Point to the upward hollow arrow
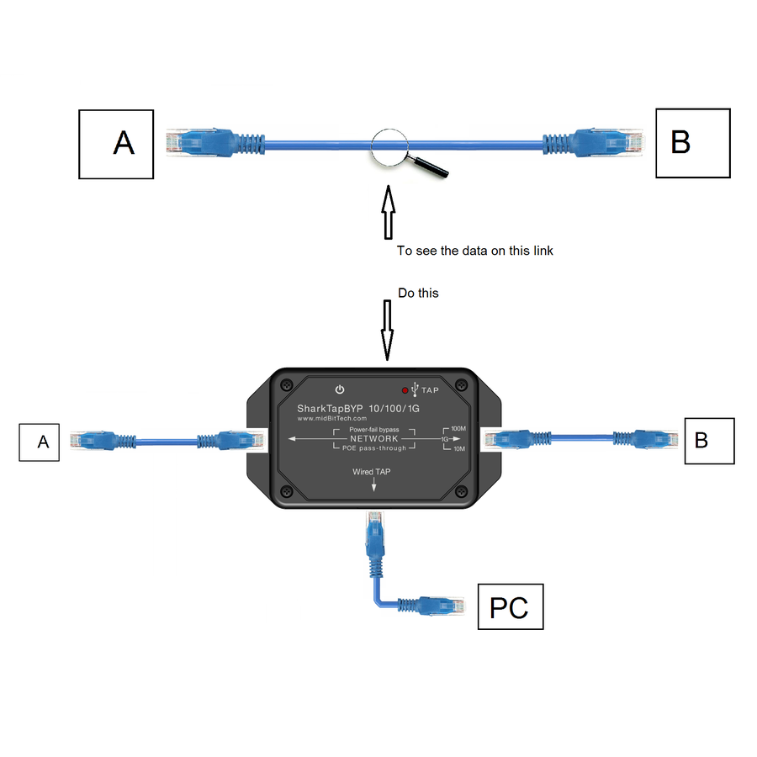(x=388, y=213)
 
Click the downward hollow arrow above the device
(x=387, y=331)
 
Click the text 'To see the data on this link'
(x=474, y=251)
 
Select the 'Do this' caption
(x=418, y=293)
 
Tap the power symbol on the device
(x=340, y=389)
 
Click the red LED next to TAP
(x=405, y=390)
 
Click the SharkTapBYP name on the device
(x=330, y=409)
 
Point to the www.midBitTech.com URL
(x=331, y=419)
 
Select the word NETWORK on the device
(x=374, y=438)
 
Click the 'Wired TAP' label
(x=371, y=472)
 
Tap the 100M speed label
(x=458, y=429)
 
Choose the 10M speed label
(x=459, y=449)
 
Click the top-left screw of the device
(x=288, y=384)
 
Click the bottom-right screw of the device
(x=461, y=491)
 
